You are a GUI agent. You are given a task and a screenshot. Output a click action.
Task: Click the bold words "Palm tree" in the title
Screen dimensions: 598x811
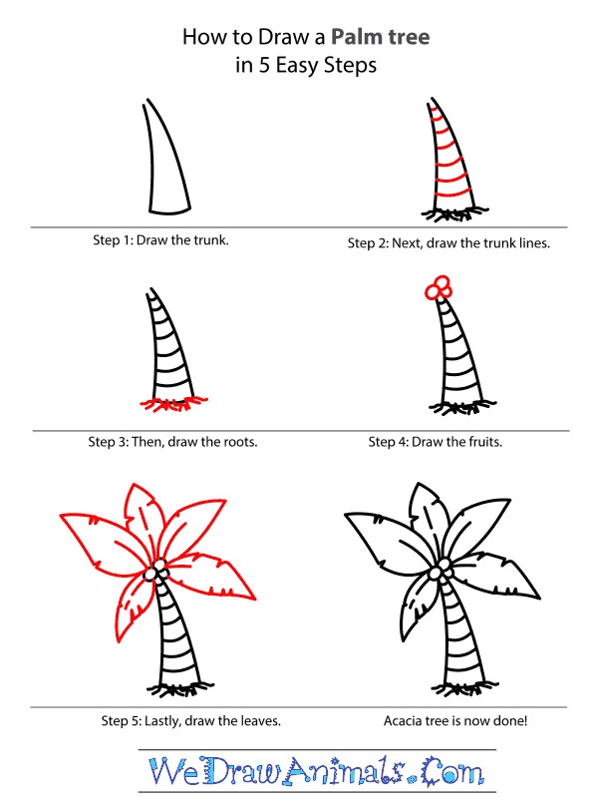click(380, 37)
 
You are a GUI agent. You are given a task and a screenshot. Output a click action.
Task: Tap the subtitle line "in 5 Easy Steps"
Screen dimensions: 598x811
click(306, 66)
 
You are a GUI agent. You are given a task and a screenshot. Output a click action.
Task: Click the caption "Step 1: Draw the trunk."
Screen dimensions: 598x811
click(160, 240)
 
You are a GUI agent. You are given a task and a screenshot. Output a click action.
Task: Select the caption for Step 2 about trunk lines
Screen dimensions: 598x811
click(448, 243)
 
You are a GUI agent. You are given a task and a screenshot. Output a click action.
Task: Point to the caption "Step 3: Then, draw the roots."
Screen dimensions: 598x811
click(172, 442)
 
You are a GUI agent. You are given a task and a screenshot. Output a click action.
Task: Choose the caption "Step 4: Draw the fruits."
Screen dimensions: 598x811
click(436, 442)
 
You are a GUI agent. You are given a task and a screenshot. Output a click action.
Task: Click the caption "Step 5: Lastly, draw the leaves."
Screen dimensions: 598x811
click(191, 720)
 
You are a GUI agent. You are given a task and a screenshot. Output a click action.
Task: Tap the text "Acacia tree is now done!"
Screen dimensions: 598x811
click(455, 720)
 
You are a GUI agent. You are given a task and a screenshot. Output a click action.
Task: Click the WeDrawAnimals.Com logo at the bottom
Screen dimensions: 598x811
click(316, 771)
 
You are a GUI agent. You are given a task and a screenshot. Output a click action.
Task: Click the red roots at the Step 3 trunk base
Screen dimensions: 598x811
click(173, 403)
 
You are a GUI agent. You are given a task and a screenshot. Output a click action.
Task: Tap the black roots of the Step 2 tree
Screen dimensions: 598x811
click(453, 213)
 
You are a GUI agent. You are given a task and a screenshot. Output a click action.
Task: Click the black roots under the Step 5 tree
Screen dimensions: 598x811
click(179, 688)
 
